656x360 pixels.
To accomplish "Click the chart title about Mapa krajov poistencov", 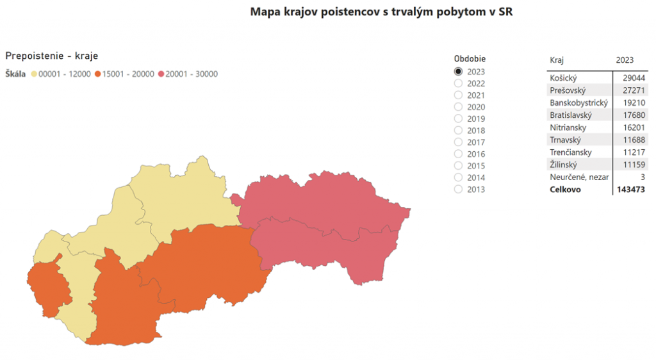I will [381, 12].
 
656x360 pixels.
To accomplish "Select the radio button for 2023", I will [458, 72].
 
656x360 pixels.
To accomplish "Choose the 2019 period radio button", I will [458, 119].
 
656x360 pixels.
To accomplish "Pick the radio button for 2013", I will [458, 190].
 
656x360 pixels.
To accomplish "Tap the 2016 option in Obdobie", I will [458, 154].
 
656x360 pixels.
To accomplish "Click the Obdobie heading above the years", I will [469, 59].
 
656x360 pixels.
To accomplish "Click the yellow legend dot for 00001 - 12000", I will [34, 74].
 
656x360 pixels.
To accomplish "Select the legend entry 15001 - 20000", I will [124, 74].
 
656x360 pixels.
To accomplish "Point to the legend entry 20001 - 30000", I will [191, 74].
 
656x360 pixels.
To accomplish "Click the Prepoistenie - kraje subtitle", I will [51, 56].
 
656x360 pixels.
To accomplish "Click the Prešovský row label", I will [568, 90].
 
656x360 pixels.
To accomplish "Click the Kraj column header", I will [557, 60].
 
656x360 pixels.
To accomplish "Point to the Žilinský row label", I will [564, 165].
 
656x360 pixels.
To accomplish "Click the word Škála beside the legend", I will [15, 74].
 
